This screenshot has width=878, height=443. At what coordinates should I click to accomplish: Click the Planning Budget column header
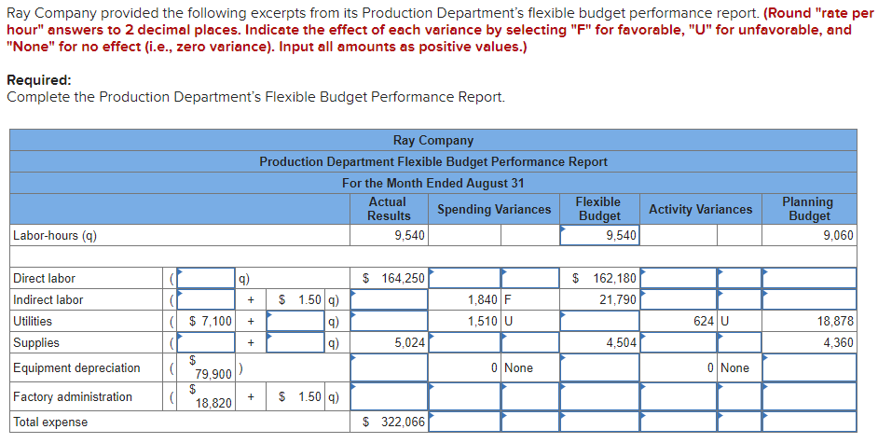click(x=807, y=209)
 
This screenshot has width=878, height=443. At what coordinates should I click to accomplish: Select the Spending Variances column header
click(x=494, y=209)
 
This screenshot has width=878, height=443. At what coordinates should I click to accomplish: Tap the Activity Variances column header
click(x=700, y=209)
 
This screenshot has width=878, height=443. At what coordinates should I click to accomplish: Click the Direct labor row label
click(x=45, y=278)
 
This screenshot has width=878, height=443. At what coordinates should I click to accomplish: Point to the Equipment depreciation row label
click(x=76, y=367)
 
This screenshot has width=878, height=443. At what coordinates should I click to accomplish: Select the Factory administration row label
click(x=73, y=396)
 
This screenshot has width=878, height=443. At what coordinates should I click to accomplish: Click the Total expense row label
click(x=50, y=422)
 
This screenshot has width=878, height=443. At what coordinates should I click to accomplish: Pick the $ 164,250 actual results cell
click(x=393, y=278)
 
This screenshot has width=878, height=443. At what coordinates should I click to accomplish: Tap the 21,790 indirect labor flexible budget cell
click(x=618, y=299)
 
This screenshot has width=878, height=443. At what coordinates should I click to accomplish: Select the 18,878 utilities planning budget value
click(x=835, y=321)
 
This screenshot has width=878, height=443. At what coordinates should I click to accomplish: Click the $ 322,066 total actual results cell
click(x=393, y=422)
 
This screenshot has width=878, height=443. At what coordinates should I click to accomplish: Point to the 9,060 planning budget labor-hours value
click(x=838, y=236)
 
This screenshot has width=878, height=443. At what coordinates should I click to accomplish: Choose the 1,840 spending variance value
click(x=483, y=299)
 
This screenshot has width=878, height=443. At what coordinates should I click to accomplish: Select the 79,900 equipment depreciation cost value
click(x=213, y=374)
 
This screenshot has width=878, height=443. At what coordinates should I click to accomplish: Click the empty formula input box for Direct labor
click(x=206, y=278)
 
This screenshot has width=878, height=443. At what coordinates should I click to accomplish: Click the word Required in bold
click(x=38, y=80)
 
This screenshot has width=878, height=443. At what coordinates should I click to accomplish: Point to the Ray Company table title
click(x=432, y=140)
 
